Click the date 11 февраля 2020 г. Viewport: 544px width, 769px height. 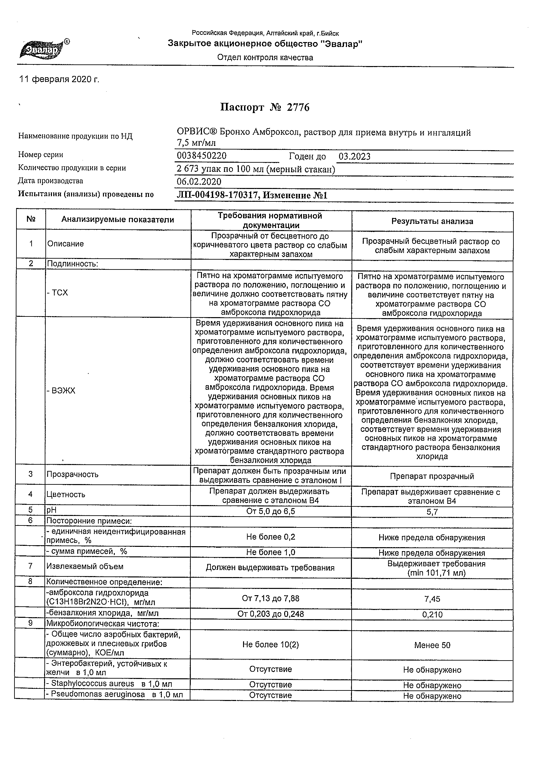point(59,80)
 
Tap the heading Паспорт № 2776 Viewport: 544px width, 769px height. point(265,107)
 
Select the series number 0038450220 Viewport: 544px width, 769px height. point(201,156)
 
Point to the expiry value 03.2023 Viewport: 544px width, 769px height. point(354,157)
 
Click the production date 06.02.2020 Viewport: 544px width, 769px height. point(199,182)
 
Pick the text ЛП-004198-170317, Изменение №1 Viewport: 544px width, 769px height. point(252,196)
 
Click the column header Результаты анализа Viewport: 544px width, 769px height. point(432,221)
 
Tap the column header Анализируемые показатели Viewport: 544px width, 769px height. point(118,220)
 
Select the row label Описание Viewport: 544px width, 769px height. point(65,244)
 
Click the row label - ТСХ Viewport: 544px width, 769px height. point(58,293)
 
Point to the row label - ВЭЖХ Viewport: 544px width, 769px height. point(61,390)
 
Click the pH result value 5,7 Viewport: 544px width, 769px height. point(432,512)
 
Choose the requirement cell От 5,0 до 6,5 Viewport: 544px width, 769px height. point(270,511)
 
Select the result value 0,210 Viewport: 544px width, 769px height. point(432,615)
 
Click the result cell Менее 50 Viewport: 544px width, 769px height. point(432,645)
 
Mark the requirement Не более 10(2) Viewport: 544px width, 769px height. point(270,645)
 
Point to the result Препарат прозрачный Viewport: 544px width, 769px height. point(432,476)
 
